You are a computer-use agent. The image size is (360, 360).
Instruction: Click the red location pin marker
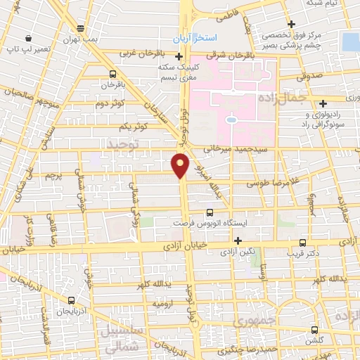(181, 164)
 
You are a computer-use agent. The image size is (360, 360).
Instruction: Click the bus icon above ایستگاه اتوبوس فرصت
(210, 212)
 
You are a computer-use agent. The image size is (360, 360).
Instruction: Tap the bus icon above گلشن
(314, 328)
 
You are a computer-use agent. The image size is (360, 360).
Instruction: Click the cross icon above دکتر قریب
(304, 240)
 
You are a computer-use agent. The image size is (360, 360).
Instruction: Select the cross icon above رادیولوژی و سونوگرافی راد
(322, 103)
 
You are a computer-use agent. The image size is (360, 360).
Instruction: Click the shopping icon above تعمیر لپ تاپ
(27, 37)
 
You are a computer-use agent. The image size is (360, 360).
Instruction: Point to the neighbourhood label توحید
(125, 143)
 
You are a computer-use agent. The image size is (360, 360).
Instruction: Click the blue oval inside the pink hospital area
(231, 120)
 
